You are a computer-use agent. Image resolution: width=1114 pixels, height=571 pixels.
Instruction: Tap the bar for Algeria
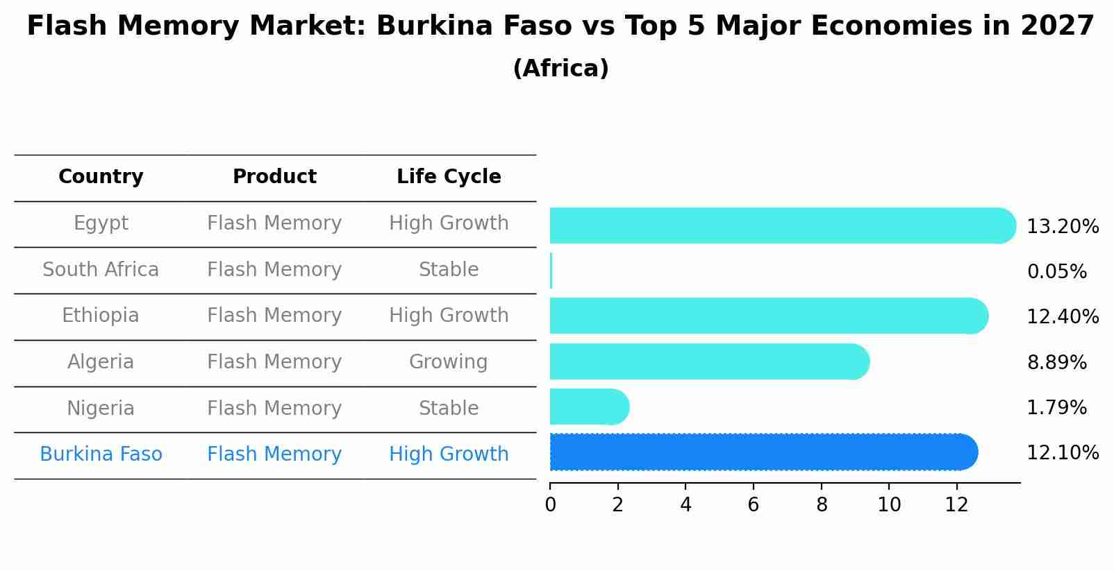708,361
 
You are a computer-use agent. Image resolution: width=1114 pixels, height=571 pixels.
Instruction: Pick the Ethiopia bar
767,316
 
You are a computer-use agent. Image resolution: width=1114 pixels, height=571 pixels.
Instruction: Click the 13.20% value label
1062,227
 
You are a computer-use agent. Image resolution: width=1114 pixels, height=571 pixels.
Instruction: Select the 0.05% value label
1056,272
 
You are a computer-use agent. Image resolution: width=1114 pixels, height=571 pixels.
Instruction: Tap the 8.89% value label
1056,362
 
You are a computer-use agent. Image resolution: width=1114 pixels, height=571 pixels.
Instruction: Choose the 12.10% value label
1062,453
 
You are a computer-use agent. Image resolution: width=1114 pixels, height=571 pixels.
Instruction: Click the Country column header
101,177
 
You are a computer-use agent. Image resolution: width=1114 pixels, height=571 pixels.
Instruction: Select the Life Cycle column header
449,177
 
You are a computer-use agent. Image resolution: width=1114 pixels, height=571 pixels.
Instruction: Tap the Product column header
274,177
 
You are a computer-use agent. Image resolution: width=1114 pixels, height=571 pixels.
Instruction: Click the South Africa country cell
101,269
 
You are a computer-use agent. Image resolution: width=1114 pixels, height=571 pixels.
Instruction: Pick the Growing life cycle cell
449,361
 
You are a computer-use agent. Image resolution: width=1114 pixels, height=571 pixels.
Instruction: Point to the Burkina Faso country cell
101,454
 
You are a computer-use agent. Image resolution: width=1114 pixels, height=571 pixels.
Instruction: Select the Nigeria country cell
101,408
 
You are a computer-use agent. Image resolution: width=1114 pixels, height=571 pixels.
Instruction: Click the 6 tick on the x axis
754,505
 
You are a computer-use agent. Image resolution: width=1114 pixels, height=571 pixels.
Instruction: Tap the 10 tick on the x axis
889,505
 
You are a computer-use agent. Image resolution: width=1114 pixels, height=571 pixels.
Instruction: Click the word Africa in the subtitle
560,69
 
